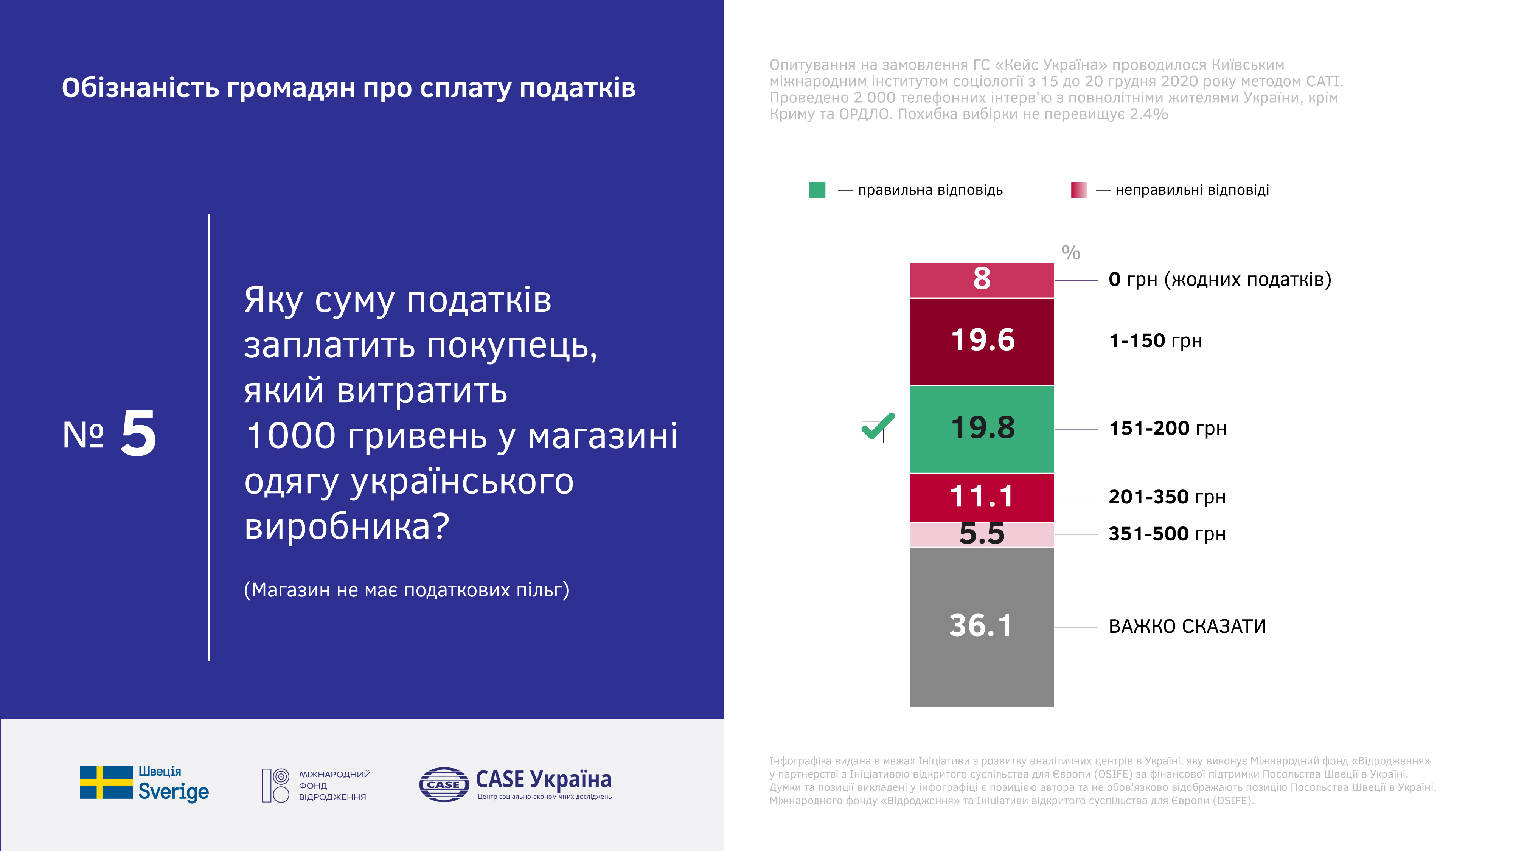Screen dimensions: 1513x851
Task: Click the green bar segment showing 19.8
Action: pos(982,429)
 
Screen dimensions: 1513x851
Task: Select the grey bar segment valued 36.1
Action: pos(982,627)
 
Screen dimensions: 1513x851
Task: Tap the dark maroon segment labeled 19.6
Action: pos(982,342)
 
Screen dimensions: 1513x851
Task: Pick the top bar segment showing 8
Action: pos(982,280)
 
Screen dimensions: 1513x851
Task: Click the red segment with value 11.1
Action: pos(982,497)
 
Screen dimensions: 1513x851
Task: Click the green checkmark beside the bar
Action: pos(878,427)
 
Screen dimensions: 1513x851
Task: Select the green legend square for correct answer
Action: pos(817,190)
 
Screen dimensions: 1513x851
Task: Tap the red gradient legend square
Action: pos(1079,190)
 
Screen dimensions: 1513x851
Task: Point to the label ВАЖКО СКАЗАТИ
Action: pos(1187,627)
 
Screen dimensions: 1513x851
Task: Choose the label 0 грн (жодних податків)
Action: pos(1220,280)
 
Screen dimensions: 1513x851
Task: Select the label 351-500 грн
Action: pos(1167,534)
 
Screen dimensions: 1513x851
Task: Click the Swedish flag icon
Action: pos(106,782)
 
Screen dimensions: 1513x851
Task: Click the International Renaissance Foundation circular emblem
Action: pos(275,785)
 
